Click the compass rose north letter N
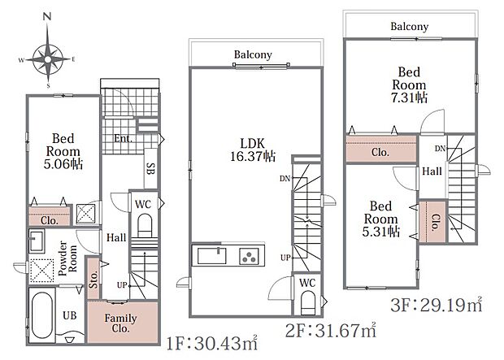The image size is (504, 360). click(x=47, y=16)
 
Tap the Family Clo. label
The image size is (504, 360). click(x=120, y=323)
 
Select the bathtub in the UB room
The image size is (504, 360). click(x=41, y=315)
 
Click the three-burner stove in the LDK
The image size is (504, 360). click(x=249, y=256)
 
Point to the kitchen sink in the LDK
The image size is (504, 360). click(x=211, y=256)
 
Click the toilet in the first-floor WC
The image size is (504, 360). click(x=145, y=226)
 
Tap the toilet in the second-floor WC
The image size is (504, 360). click(x=307, y=303)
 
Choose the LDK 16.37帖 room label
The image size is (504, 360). click(x=253, y=150)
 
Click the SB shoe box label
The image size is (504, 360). click(x=150, y=168)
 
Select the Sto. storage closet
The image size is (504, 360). click(x=93, y=279)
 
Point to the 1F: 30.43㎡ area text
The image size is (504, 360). click(x=212, y=343)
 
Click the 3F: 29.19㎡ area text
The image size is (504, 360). click(x=437, y=305)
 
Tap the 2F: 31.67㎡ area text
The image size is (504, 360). click(x=331, y=330)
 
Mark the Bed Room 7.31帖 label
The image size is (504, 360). click(x=409, y=85)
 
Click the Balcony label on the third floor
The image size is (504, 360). click(x=409, y=26)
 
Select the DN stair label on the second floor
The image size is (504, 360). click(x=285, y=179)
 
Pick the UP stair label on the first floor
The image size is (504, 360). click(x=122, y=285)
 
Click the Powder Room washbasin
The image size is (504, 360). click(x=37, y=241)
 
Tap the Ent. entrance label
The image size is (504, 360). click(x=123, y=138)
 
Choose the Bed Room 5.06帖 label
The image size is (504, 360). click(x=63, y=151)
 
